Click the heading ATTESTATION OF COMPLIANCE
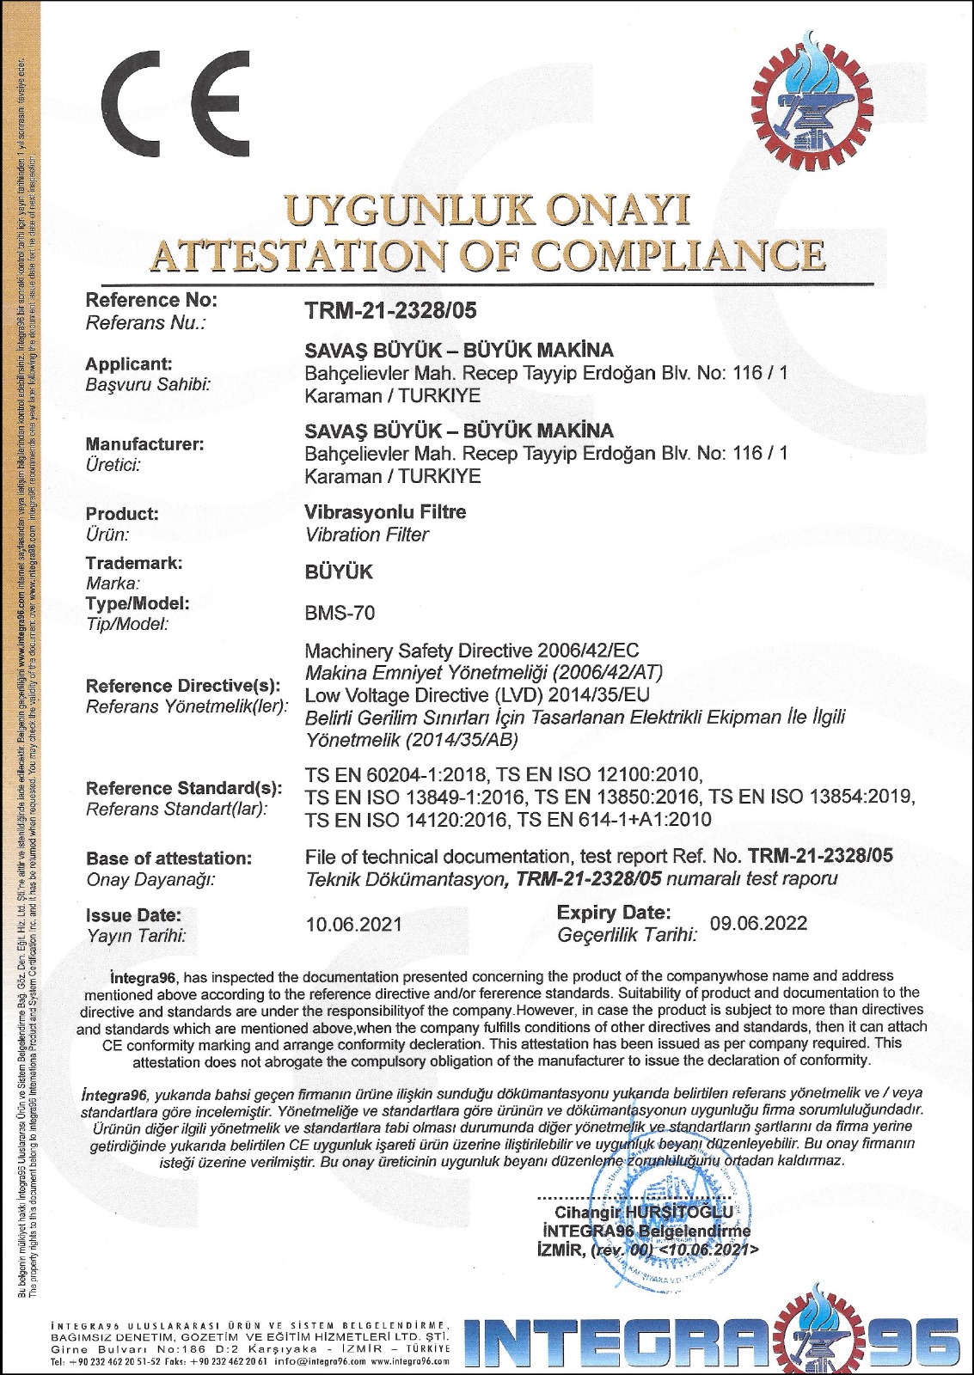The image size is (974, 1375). coord(487,255)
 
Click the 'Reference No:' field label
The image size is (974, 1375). coord(151,301)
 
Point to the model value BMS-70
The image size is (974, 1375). coord(340,614)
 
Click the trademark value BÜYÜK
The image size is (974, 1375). coord(339,572)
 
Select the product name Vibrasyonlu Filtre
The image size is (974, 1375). coord(385,512)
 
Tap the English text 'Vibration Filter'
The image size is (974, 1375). coord(366,535)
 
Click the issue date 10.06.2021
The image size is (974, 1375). coord(353,924)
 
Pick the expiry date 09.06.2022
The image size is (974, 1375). coord(758,923)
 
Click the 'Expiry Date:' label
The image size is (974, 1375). coord(614,912)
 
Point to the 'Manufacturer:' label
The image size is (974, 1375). coord(144,444)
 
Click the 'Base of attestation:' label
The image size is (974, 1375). coord(168,859)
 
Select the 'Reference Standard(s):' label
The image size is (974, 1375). coord(184,788)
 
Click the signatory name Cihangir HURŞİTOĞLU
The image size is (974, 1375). coord(644,1212)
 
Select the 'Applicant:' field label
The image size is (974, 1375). coord(129,364)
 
